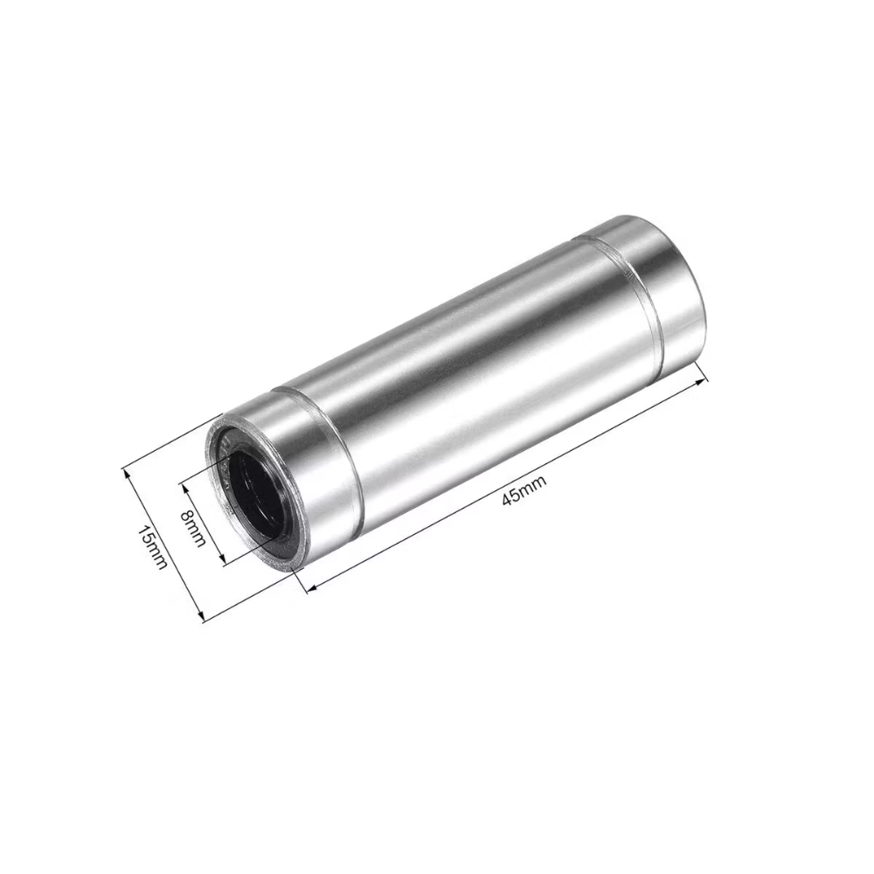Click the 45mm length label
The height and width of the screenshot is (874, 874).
coord(524,490)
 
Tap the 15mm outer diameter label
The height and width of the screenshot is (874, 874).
coord(152,548)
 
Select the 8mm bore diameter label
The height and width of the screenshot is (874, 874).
coord(193,528)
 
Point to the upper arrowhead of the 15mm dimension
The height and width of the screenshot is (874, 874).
coord(127,475)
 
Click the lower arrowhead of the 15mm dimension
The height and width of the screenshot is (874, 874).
coord(201,614)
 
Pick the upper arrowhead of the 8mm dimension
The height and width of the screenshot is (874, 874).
coord(184,489)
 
